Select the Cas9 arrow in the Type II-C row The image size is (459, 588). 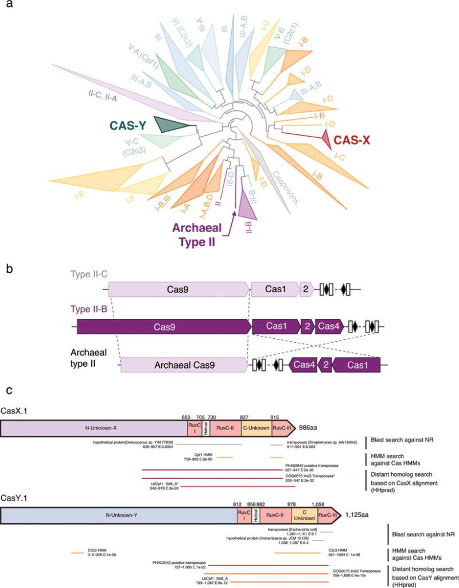(x=178, y=288)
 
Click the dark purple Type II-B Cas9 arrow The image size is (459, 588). (x=164, y=327)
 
